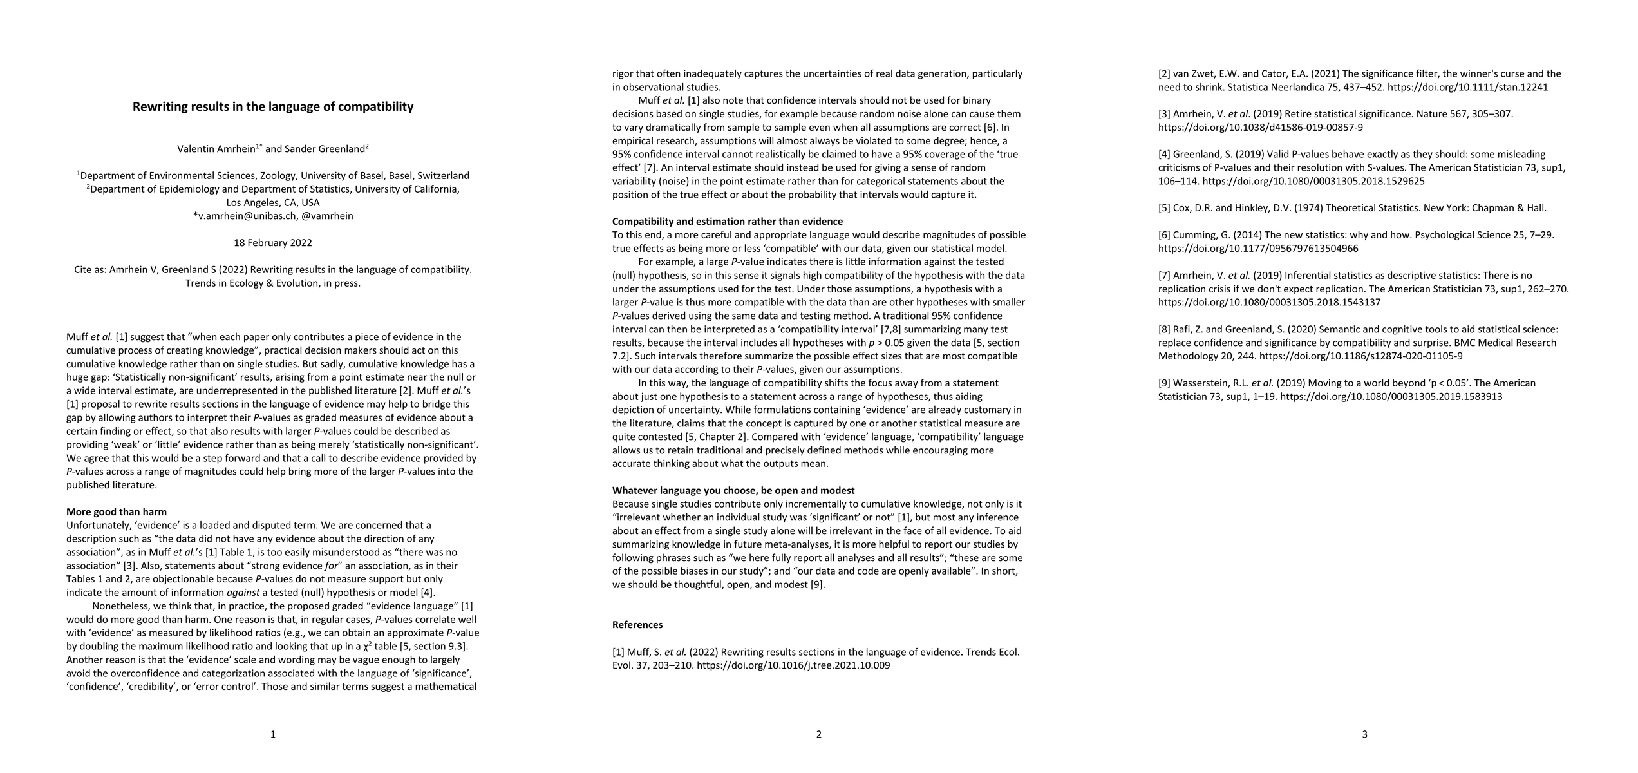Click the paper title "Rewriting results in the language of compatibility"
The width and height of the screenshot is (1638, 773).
tap(273, 107)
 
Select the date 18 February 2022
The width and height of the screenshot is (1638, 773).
tap(273, 243)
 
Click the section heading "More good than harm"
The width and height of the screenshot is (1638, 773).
tap(117, 512)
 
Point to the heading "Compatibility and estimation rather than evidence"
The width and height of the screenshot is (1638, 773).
tap(728, 222)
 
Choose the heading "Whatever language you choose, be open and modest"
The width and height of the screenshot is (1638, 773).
tap(733, 491)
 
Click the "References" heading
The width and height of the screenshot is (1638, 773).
tap(637, 625)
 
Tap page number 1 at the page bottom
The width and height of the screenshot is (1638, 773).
tap(273, 734)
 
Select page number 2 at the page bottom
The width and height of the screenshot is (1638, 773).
tap(819, 734)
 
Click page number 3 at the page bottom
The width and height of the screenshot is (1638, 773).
tap(1365, 734)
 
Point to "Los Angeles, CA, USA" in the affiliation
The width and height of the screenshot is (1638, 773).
tap(273, 202)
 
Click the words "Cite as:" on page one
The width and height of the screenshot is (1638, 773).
tap(89, 270)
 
